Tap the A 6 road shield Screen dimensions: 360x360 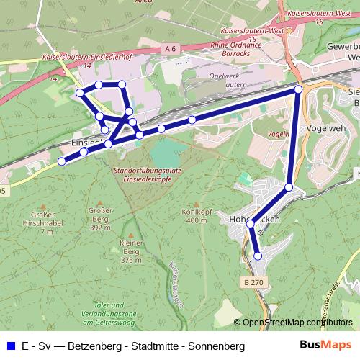click(169, 48)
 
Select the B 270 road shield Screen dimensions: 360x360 click(253, 283)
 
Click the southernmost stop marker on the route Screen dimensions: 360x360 click(258, 255)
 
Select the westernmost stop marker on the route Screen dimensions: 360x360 click(61, 162)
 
